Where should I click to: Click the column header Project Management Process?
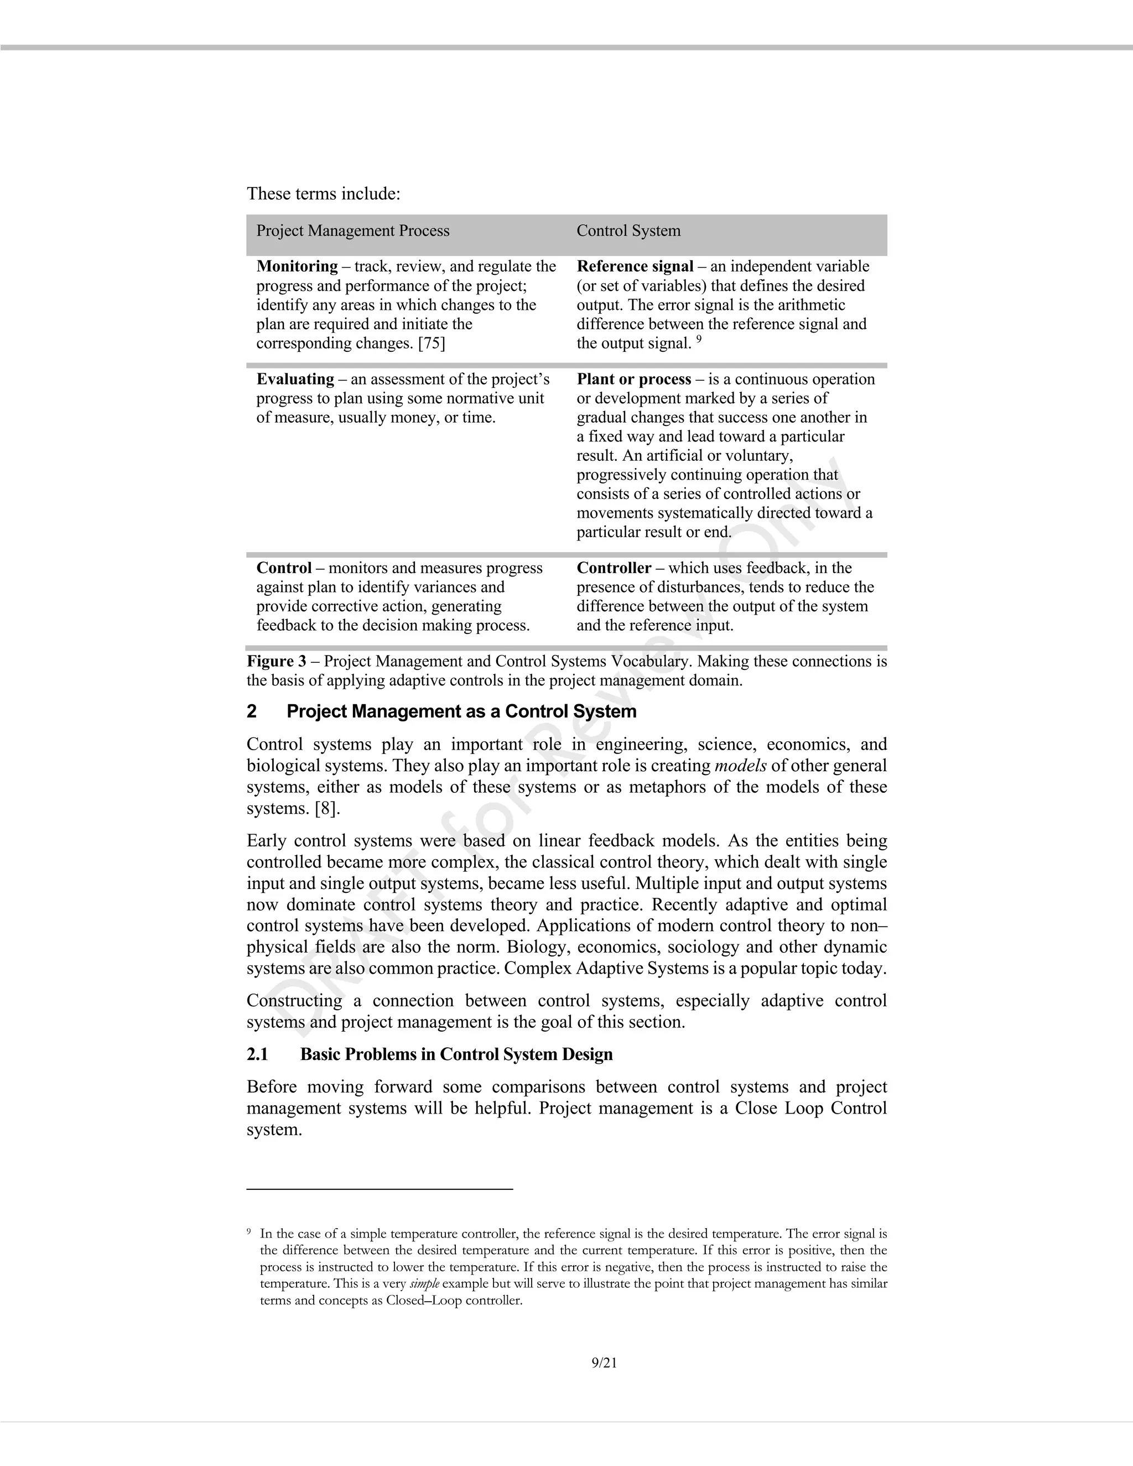click(x=352, y=231)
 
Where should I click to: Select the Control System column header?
click(x=628, y=231)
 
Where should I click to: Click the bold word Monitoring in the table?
click(x=297, y=267)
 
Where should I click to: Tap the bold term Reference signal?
click(x=635, y=267)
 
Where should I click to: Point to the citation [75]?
click(x=432, y=344)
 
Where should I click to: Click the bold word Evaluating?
click(x=295, y=380)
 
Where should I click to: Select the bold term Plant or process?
click(x=633, y=380)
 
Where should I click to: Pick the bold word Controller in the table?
click(x=614, y=569)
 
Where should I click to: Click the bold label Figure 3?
click(x=276, y=662)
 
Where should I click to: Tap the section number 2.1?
click(x=257, y=1054)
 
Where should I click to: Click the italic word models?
click(x=740, y=766)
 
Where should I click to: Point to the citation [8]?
click(x=327, y=809)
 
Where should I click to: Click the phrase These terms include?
click(x=324, y=194)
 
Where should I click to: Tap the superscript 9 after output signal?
click(x=699, y=340)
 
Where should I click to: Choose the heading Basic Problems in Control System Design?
click(x=456, y=1054)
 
